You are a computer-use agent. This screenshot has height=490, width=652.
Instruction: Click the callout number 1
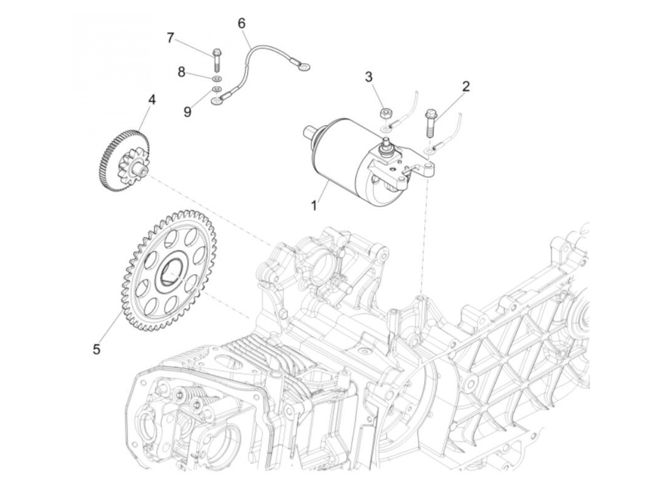click(314, 204)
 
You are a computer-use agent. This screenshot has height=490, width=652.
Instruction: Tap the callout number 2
click(465, 86)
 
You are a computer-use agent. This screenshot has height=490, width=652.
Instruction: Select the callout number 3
click(369, 77)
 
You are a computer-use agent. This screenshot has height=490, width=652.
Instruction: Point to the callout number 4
click(152, 99)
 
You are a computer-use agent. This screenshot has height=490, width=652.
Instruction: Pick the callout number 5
click(96, 349)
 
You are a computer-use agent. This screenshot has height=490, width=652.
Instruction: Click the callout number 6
click(241, 23)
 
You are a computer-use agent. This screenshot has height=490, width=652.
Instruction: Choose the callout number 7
click(170, 38)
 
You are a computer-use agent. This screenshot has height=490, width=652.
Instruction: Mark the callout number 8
click(181, 72)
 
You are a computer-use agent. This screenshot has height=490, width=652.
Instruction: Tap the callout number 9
click(187, 112)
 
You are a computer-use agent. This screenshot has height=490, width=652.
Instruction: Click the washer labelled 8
click(217, 78)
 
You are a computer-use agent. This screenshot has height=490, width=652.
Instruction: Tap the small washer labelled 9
click(217, 89)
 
